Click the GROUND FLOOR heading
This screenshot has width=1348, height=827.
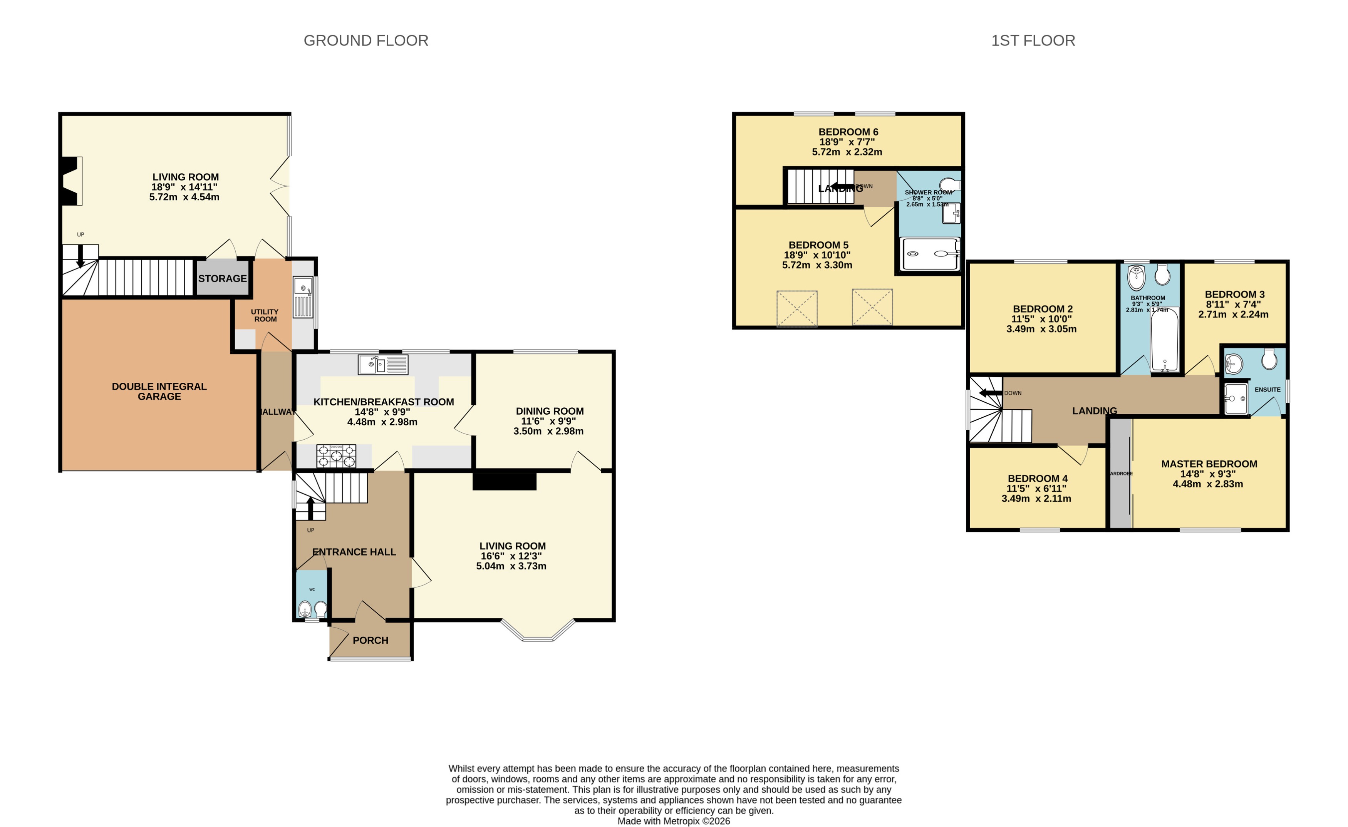(x=366, y=40)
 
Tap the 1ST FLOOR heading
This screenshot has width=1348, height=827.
(x=1033, y=40)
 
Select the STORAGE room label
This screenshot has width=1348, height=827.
(x=222, y=278)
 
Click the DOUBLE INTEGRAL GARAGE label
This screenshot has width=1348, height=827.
(x=159, y=391)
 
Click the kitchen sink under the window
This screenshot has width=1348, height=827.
(x=383, y=364)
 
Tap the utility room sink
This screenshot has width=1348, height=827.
(x=303, y=298)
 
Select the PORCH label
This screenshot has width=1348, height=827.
(x=371, y=640)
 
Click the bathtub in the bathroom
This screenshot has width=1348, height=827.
(x=1165, y=340)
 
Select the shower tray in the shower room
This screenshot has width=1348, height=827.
(x=930, y=254)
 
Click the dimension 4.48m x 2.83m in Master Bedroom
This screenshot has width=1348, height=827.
(x=1208, y=484)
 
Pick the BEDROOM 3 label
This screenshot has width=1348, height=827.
(x=1235, y=294)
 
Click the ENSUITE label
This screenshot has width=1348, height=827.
(x=1268, y=389)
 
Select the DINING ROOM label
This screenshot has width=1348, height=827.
(x=549, y=411)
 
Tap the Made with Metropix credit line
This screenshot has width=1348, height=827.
(x=674, y=821)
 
